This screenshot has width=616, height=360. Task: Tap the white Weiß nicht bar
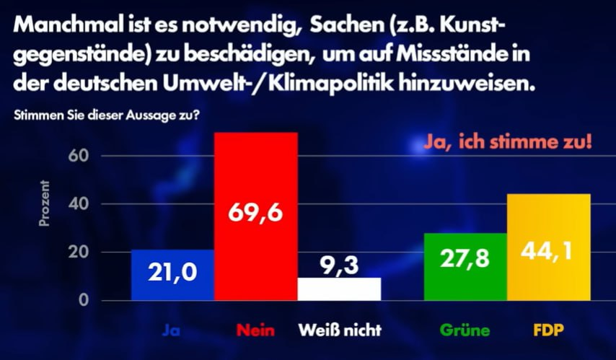tap(339, 291)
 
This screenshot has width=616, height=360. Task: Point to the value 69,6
tap(256, 214)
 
